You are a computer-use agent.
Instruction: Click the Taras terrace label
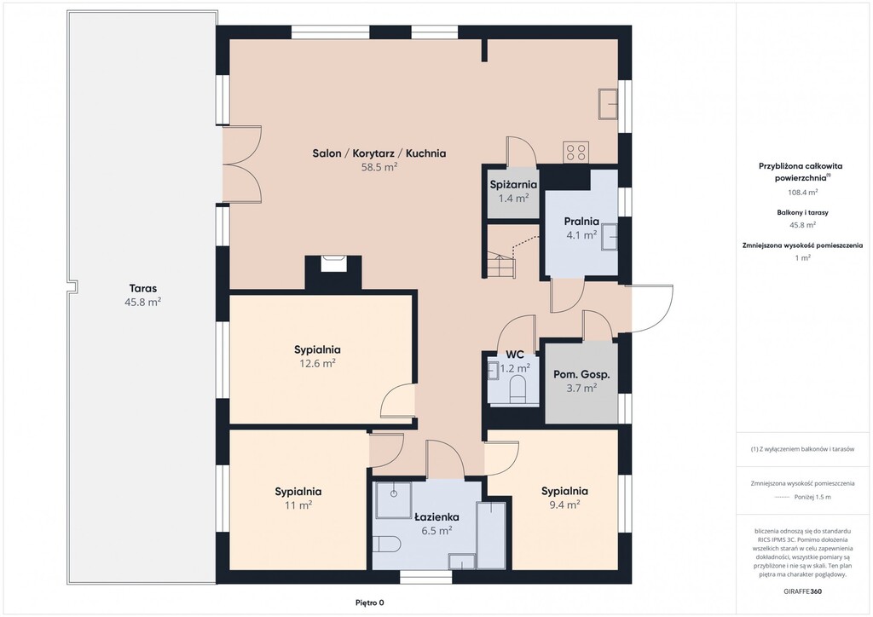(x=143, y=288)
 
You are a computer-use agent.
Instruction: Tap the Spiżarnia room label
(x=513, y=185)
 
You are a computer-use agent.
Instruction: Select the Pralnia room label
(x=581, y=222)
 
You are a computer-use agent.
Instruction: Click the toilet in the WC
(x=517, y=389)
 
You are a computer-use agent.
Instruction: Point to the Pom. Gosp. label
(x=581, y=374)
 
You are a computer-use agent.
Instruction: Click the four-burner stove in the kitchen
(x=575, y=152)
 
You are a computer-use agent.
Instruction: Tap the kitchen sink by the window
(x=608, y=103)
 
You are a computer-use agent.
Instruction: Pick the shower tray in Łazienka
(x=393, y=499)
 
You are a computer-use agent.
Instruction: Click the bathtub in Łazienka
(x=491, y=535)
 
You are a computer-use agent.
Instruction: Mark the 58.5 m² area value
(x=379, y=167)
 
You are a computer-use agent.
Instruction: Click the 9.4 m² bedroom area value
(x=564, y=505)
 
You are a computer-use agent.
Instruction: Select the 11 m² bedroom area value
(x=298, y=505)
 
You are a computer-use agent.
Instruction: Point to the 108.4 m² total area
(x=802, y=192)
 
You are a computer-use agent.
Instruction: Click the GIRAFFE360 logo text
(x=801, y=591)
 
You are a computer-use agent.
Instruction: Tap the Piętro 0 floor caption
(x=370, y=603)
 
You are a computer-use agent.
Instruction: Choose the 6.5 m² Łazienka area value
(x=436, y=531)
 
